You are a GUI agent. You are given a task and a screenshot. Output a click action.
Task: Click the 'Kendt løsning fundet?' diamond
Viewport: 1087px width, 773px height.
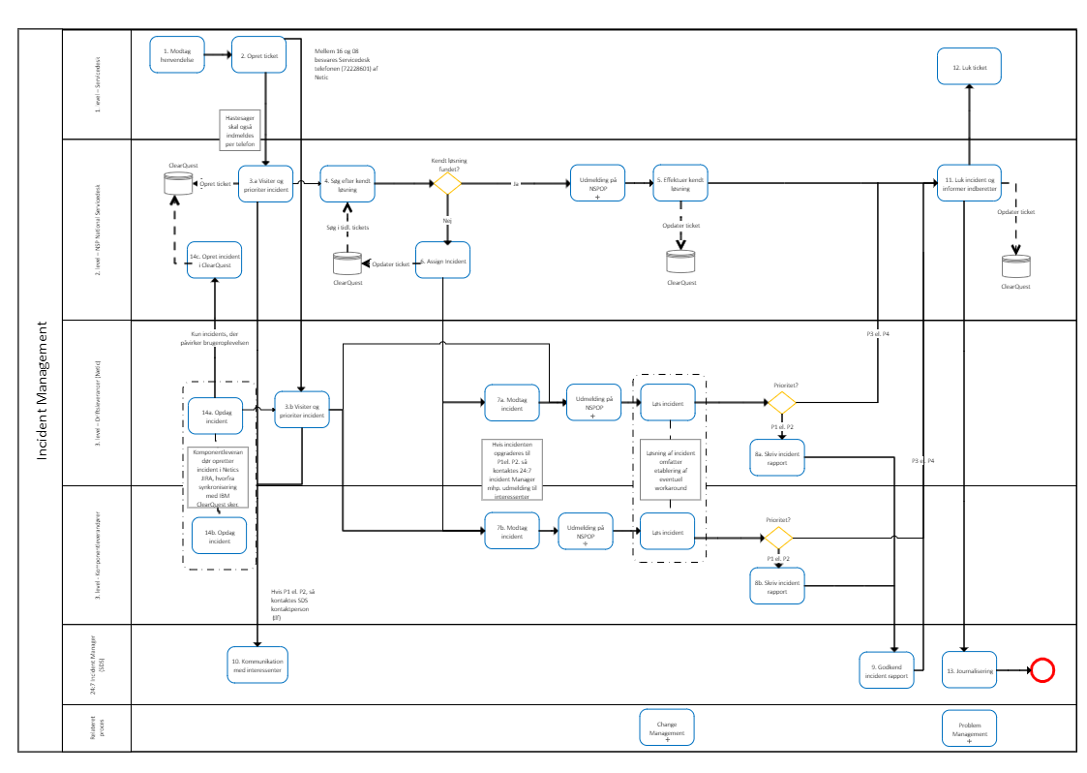click(x=446, y=181)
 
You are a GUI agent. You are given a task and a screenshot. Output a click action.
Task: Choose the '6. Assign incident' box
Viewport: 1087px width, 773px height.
click(x=442, y=261)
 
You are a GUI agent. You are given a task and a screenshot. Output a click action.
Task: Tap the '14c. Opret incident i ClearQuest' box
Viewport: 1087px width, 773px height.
click(x=215, y=260)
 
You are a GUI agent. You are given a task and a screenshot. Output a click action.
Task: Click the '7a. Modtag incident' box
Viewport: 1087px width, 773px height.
click(x=511, y=403)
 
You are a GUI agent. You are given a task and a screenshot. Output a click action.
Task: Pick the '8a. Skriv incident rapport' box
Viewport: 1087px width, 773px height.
click(x=777, y=457)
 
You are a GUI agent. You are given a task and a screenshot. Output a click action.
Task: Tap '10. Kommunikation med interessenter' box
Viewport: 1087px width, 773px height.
click(x=257, y=665)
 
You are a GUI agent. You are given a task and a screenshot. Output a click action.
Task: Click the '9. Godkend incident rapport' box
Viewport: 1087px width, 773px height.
click(x=888, y=670)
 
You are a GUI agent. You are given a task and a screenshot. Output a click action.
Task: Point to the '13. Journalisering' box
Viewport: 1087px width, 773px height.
click(x=969, y=670)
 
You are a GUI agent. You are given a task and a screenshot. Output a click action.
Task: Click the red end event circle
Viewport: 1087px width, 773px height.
click(x=1042, y=670)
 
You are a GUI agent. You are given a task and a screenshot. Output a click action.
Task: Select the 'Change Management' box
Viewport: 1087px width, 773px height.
click(x=667, y=727)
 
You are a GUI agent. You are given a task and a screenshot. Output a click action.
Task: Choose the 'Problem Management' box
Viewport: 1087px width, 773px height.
click(x=969, y=728)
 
